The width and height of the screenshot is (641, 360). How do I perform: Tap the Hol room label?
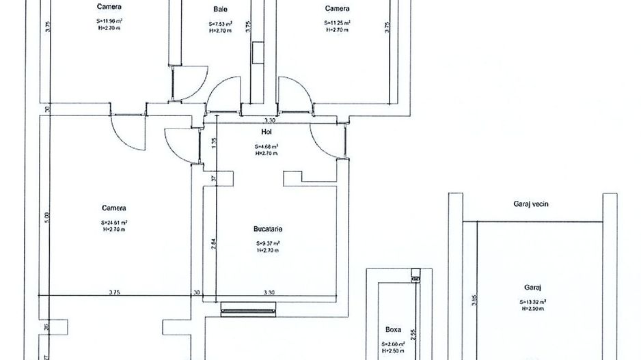coord(267,132)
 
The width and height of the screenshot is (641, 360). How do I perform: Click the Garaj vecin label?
coord(531,204)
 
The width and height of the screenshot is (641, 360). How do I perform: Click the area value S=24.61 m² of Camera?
coord(114,222)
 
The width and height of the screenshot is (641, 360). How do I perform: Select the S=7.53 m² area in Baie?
coord(220,23)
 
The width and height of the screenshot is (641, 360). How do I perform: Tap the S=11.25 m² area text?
coord(337,23)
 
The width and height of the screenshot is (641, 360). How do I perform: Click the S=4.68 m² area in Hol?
coord(267,146)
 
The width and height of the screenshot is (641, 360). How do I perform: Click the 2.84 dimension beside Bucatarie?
coord(213,244)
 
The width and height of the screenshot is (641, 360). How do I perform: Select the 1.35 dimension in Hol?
coord(213,142)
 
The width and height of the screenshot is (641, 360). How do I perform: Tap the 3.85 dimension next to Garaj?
coord(473,301)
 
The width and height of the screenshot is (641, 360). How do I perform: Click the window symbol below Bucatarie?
coord(249,310)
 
